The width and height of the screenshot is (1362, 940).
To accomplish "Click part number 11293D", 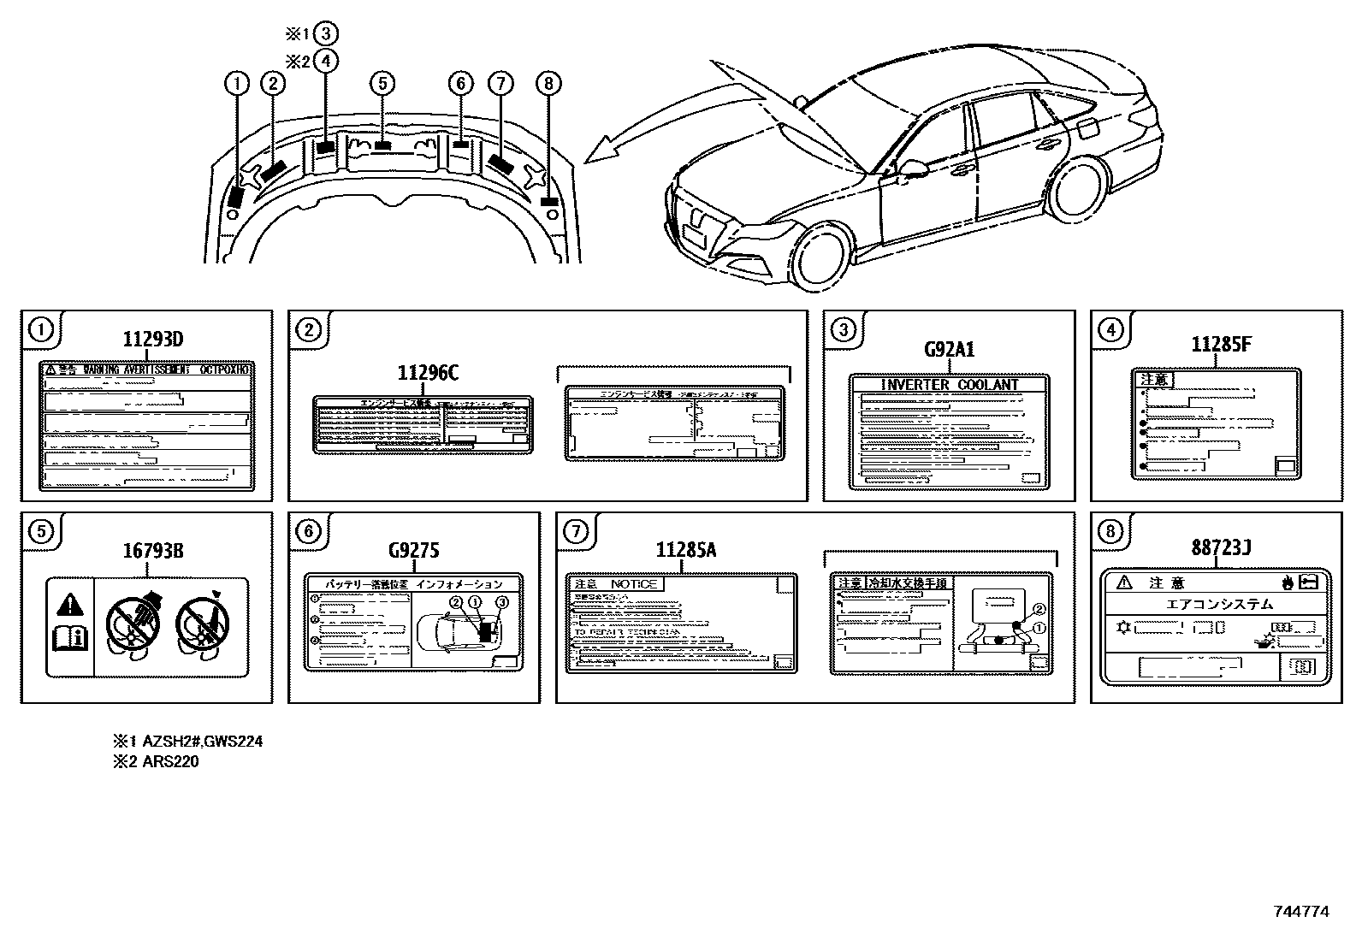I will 152,340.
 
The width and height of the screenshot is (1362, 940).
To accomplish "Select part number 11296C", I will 428,373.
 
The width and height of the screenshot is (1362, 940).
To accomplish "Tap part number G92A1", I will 949,350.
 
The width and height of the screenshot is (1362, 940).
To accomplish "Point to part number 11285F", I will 1221,345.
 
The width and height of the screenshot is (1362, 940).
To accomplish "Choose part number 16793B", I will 153,550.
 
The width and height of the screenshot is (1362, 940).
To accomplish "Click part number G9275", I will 413,550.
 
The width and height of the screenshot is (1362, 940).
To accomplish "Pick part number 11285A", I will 685,550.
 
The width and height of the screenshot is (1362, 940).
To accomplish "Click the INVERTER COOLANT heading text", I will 950,385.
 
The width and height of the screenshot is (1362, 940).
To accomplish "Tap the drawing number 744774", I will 1300,912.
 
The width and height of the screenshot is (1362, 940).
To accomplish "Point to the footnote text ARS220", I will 170,761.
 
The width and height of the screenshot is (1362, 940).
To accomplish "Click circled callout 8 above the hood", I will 548,83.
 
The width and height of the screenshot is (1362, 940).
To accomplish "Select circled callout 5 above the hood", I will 382,83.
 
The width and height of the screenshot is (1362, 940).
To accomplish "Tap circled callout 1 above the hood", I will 236,83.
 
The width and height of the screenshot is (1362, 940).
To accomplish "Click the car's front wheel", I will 821,257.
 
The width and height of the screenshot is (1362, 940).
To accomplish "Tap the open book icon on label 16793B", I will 70,637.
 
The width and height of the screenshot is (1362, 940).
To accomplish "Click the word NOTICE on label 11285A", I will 634,584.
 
